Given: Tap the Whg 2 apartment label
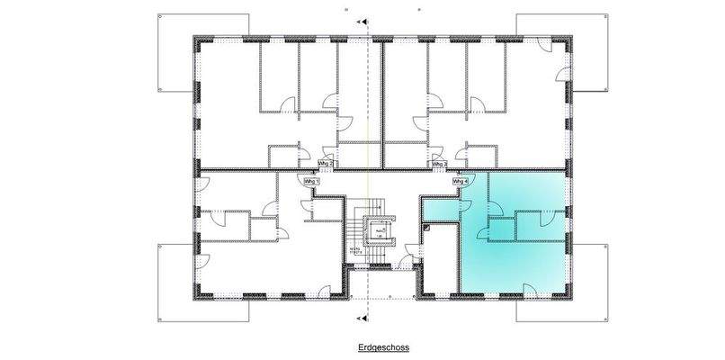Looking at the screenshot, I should (326, 165).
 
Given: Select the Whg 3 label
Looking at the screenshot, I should (439, 165).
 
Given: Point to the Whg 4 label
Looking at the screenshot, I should (459, 181).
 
